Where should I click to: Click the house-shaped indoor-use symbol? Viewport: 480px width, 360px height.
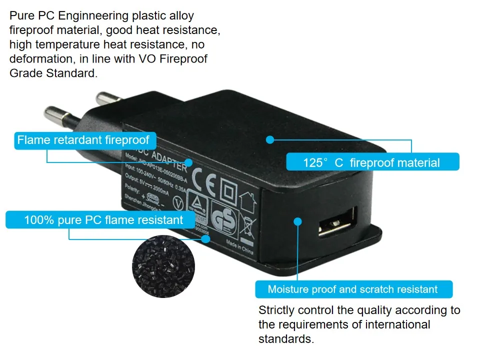pos(248,201)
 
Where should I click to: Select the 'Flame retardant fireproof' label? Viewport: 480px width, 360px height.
pos(83,140)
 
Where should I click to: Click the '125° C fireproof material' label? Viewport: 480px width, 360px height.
pos(372,162)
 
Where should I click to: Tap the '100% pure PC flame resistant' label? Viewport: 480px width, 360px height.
pos(104,220)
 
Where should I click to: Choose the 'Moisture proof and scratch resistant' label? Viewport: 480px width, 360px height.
pos(353,289)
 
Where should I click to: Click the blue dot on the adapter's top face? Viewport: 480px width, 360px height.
pos(270,140)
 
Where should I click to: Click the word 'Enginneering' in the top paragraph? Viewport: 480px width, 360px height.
pos(97,16)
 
